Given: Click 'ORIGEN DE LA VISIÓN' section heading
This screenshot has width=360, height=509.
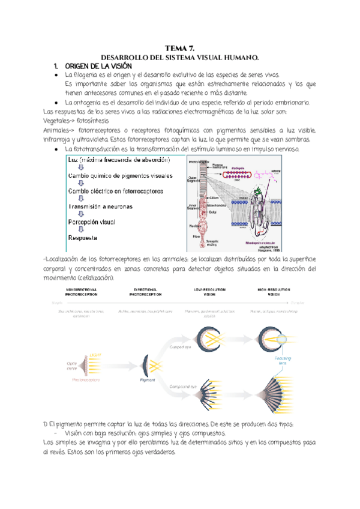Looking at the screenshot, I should (x=97, y=65).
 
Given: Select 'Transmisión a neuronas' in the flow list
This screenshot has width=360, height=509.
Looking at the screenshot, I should (x=109, y=206).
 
